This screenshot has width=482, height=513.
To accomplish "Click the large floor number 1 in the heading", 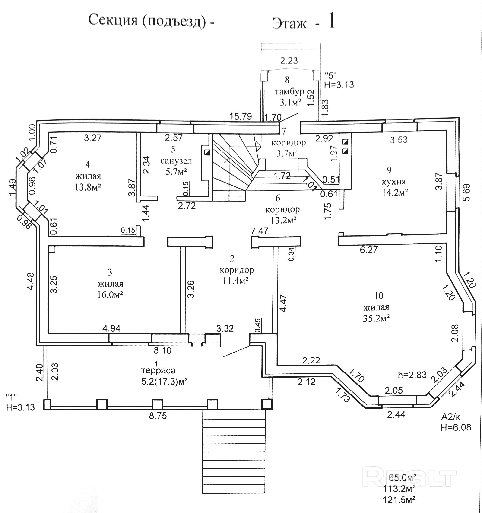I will click(x=331, y=21).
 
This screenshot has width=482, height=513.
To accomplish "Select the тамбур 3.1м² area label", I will click(x=290, y=103).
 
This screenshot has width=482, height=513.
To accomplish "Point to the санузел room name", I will click(x=176, y=161).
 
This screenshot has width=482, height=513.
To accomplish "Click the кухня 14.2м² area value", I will click(x=395, y=192).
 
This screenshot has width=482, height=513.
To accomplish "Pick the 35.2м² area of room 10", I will click(x=376, y=318).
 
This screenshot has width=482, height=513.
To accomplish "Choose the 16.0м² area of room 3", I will click(x=110, y=295).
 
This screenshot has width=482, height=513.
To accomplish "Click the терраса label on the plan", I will click(x=158, y=371).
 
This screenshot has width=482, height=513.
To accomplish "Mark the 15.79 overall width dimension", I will click(x=241, y=116).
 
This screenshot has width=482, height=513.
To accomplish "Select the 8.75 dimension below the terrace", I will click(x=158, y=416).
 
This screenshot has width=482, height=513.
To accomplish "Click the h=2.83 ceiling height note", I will click(x=412, y=375).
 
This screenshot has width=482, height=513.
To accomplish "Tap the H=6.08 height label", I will click(x=456, y=427).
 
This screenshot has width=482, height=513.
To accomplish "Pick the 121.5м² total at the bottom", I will click(x=399, y=500).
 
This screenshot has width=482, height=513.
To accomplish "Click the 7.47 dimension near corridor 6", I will click(x=260, y=231).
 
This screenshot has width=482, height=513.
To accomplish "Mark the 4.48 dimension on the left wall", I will click(x=30, y=282).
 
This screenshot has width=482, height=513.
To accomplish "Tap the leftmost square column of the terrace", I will click(x=47, y=404).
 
